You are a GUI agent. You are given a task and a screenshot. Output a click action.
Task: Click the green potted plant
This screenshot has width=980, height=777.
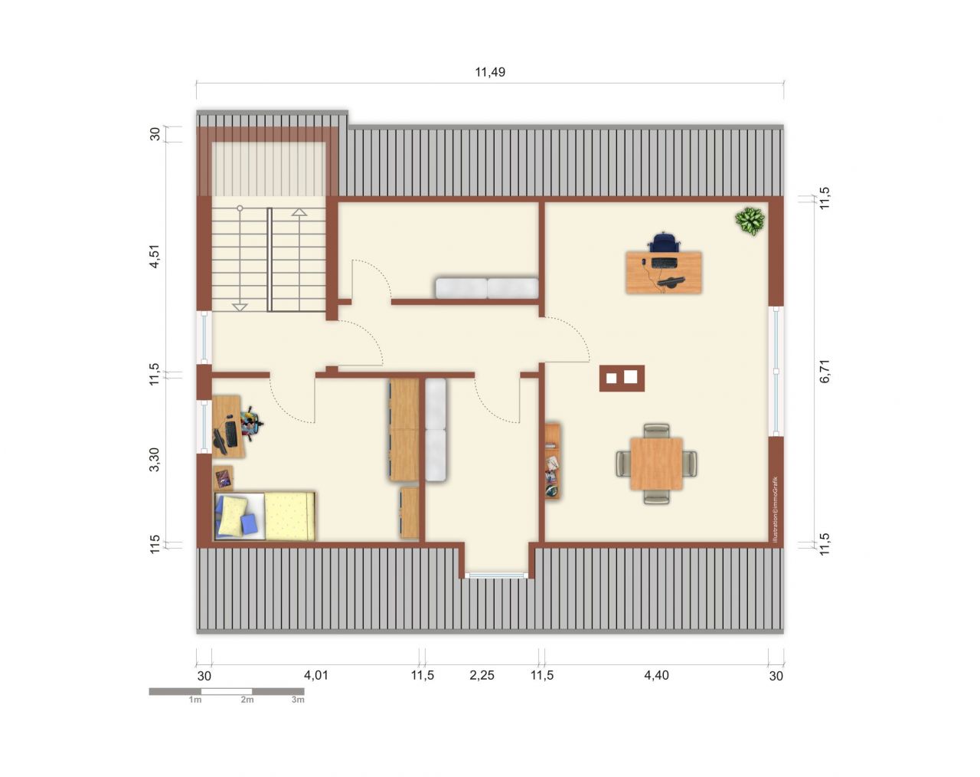750,221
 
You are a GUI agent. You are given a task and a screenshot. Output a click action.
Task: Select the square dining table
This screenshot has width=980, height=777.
656,464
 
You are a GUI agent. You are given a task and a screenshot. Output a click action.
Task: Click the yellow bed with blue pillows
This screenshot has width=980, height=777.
265,516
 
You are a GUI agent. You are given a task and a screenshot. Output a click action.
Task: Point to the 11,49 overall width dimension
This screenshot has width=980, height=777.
490,73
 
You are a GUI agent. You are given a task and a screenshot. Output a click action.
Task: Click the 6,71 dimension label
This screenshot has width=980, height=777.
825,372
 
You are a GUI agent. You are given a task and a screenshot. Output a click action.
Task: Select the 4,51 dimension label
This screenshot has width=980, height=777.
155,257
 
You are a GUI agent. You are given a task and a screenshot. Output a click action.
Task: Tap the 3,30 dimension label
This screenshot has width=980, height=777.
155,459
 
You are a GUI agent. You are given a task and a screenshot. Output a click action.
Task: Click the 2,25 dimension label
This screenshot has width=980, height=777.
482,675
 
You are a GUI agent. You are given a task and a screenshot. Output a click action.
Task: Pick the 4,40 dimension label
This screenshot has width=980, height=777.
656,675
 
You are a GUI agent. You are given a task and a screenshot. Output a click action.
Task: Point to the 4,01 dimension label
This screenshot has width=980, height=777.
316,675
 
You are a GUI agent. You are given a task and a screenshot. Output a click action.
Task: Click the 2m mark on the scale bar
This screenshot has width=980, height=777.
247,700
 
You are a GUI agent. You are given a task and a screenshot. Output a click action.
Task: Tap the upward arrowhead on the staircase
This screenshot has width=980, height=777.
299,212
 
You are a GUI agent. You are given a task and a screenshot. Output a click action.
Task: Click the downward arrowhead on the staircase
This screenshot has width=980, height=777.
240,307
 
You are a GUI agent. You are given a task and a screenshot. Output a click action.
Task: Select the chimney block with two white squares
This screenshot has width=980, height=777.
622,378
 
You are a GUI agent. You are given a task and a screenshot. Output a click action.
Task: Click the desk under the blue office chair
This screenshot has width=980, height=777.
664,272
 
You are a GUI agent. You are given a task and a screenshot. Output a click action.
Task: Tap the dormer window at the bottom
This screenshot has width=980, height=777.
497,575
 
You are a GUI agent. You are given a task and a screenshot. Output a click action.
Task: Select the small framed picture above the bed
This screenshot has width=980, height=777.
224,478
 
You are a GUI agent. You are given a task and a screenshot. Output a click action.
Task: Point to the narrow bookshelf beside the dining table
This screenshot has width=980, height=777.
552,461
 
